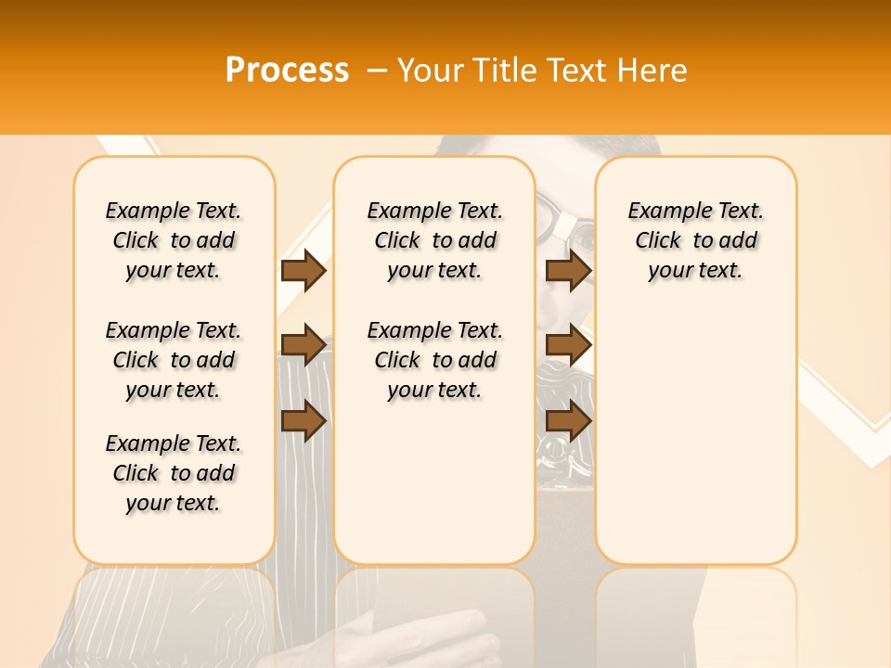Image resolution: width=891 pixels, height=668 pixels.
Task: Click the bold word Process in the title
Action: pyautogui.click(x=287, y=71)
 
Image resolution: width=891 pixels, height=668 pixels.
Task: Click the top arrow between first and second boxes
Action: pyautogui.click(x=303, y=271)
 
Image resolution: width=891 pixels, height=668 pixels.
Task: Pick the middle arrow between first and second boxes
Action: pyautogui.click(x=303, y=345)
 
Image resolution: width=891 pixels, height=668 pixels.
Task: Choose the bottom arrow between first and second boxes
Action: pyautogui.click(x=303, y=421)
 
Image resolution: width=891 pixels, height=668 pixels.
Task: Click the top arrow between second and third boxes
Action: pyautogui.click(x=568, y=271)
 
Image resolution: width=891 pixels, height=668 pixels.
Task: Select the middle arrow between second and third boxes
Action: pyautogui.click(x=568, y=345)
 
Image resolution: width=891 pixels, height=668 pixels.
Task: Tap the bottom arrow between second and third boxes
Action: pyautogui.click(x=568, y=421)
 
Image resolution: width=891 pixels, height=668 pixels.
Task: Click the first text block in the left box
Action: pyautogui.click(x=174, y=240)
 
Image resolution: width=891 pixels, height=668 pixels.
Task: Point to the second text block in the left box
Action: pyautogui.click(x=174, y=360)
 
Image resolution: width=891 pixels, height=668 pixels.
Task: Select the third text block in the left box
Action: pyautogui.click(x=174, y=473)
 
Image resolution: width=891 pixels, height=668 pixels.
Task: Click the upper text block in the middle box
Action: pyautogui.click(x=434, y=240)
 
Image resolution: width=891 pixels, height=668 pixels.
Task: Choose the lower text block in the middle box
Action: pyautogui.click(x=434, y=360)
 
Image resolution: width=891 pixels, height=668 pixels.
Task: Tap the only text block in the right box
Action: pyautogui.click(x=695, y=240)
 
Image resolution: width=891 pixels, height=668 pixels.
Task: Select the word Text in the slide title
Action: pyautogui.click(x=577, y=71)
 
